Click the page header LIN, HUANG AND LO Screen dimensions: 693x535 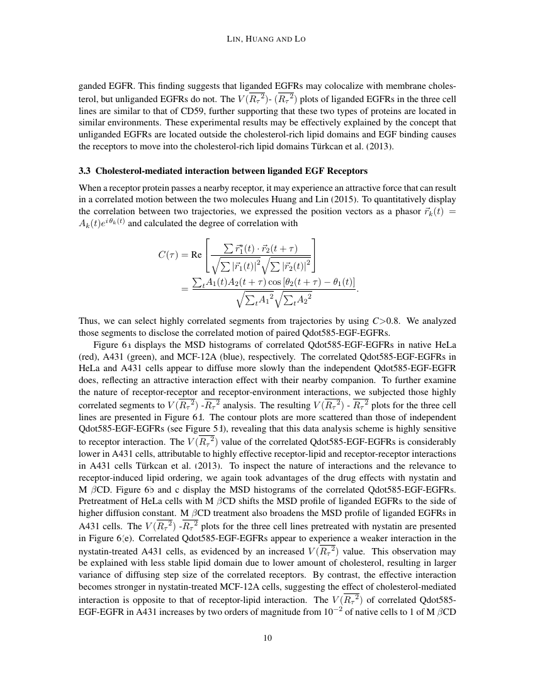267,39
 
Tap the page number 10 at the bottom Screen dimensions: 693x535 267,638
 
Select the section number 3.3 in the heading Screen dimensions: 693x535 84,171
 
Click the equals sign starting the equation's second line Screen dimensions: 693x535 184,289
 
